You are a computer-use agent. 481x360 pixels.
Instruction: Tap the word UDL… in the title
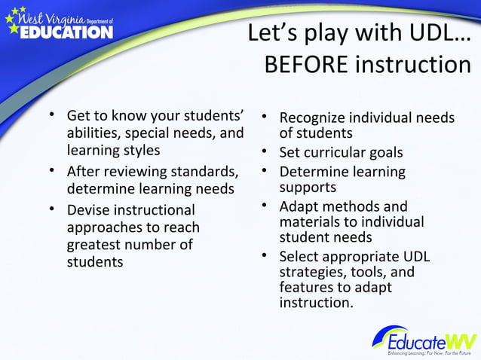440,32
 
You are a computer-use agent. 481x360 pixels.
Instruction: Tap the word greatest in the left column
96,245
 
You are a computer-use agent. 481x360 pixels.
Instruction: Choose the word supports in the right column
308,187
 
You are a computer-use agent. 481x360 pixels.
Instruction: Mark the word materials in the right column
309,221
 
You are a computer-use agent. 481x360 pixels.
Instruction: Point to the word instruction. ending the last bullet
316,303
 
